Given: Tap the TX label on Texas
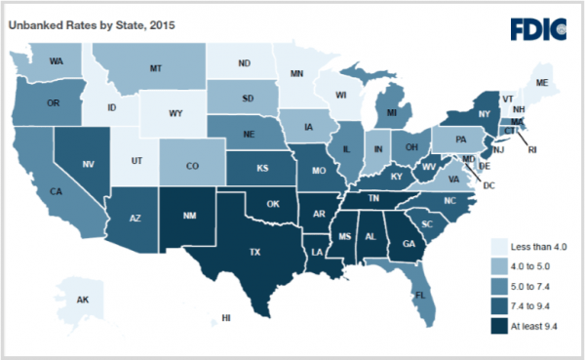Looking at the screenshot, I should (x=254, y=252).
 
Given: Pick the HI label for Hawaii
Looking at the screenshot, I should (x=225, y=318).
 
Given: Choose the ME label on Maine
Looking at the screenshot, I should (x=542, y=83).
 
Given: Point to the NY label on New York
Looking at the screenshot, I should (x=481, y=114).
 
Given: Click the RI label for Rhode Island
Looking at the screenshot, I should (x=532, y=150).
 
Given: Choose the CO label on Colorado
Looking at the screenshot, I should (x=193, y=166).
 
